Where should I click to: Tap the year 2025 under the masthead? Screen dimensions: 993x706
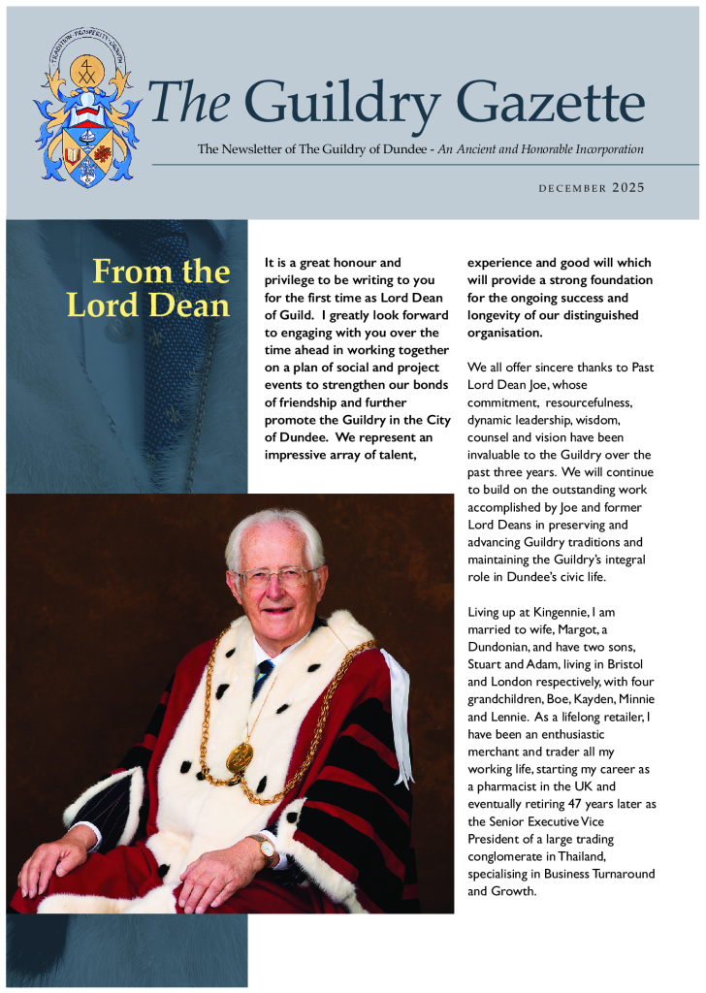point(628,187)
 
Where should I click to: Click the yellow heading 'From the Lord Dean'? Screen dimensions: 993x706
point(149,288)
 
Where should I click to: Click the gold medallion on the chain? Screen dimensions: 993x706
point(240,757)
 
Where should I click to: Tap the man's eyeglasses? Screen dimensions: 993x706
point(275,578)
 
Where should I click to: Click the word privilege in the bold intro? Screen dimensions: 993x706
point(295,280)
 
